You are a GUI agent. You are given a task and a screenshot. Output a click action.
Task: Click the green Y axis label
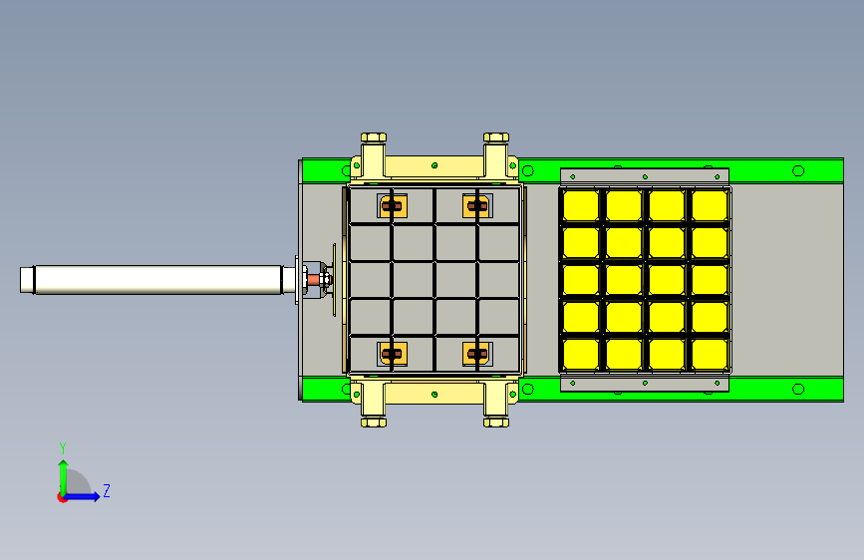(63, 447)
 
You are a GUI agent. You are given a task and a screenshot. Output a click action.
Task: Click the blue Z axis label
(107, 490)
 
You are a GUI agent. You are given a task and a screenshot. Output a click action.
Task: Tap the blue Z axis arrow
(83, 496)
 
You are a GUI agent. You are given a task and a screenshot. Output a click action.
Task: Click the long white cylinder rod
(158, 280)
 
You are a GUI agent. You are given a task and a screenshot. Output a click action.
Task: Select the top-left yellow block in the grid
(581, 205)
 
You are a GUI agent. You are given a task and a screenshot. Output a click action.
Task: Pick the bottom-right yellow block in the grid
(710, 354)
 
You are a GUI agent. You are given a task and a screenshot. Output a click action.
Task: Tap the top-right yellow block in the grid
(710, 205)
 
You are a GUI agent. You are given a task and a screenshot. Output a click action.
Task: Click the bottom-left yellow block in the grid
(581, 354)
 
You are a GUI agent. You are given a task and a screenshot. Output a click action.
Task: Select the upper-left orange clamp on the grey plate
(393, 206)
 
